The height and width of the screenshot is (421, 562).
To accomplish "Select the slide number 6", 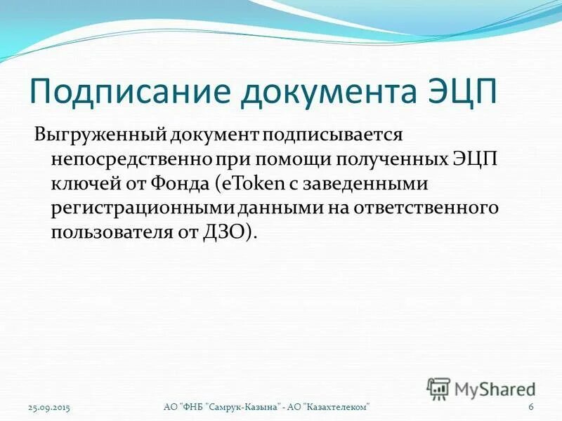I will pyautogui.click(x=531, y=408).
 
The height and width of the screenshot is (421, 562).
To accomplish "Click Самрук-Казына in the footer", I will pyautogui.click(x=244, y=408).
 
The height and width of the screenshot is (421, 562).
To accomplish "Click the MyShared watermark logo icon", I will pyautogui.click(x=439, y=387).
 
